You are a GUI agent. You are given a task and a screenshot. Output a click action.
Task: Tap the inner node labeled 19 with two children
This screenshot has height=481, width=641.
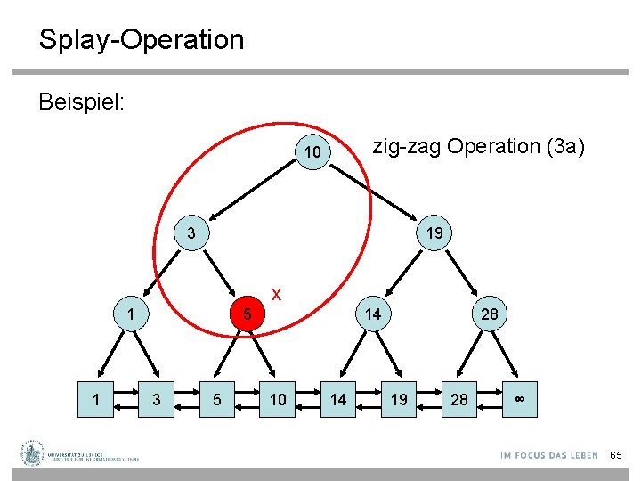pos(434,233)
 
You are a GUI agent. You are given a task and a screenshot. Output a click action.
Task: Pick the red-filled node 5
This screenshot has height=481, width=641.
pos(249,314)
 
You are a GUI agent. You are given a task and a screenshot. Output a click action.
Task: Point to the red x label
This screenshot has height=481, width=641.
pos(277,293)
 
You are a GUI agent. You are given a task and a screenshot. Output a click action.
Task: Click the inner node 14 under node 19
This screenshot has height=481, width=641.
pos(373,314)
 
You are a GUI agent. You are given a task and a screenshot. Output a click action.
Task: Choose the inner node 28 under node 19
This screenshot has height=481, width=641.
pos(490,314)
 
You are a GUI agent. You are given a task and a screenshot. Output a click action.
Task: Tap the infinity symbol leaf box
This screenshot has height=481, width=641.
pos(520,399)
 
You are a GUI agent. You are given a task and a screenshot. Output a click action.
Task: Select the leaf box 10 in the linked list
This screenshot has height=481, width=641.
pos(278,399)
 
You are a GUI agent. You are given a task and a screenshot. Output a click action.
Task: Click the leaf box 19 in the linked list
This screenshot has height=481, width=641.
pos(399,399)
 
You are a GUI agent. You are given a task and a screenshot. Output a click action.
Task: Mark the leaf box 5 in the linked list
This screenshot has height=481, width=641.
pos(217,399)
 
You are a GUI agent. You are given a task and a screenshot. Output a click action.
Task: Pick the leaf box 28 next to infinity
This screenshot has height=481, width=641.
pos(459,399)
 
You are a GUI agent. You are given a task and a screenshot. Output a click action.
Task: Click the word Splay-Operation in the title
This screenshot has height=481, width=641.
pos(141,40)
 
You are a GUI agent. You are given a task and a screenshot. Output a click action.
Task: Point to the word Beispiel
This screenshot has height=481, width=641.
pos(81,102)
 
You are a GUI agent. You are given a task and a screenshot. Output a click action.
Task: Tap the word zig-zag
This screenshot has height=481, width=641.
pos(407,146)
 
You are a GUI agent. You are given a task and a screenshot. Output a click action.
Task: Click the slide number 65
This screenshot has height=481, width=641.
pos(616,455)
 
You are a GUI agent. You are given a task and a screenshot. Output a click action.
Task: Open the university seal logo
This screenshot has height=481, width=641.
pos(34,452)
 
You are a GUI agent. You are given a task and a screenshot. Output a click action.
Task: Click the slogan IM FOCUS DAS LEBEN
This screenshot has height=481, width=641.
pos(548,455)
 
